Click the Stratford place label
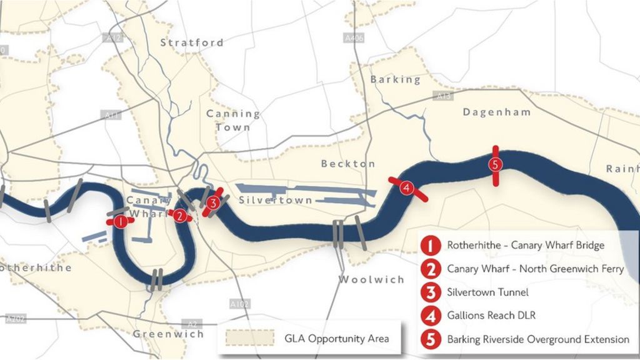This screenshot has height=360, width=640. (x=192, y=43)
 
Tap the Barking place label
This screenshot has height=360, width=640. (x=396, y=80)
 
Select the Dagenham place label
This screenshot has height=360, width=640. (x=497, y=112)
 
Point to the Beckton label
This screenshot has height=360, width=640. (x=348, y=164)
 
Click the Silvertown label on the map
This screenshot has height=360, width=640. (x=276, y=201)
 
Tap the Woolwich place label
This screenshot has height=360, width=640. (x=372, y=279)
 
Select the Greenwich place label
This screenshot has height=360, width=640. (x=168, y=334)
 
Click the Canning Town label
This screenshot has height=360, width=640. (x=233, y=121)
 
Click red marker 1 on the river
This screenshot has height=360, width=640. (x=117, y=221)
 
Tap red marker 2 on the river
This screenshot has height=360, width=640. (x=180, y=216)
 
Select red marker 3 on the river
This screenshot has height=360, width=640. (x=213, y=202)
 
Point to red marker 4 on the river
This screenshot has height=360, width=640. (x=406, y=187)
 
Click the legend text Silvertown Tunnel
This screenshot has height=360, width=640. (x=487, y=292)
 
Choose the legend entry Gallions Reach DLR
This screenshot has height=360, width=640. (x=491, y=316)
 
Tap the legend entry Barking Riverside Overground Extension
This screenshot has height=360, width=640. (x=537, y=339)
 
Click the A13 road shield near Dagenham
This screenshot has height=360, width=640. (x=443, y=96)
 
